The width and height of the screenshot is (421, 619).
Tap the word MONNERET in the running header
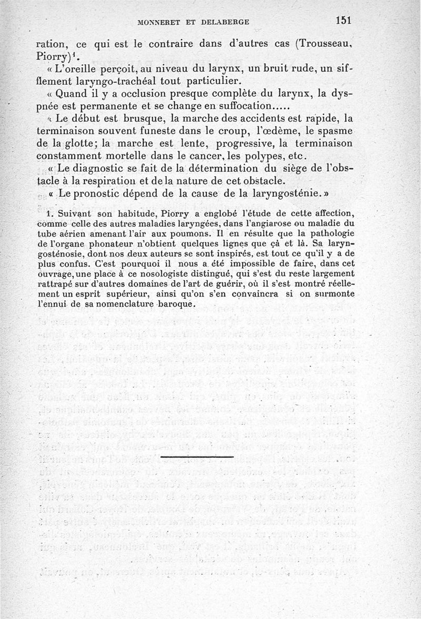coord(157,23)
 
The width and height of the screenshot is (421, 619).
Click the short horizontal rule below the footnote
coord(196,456)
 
